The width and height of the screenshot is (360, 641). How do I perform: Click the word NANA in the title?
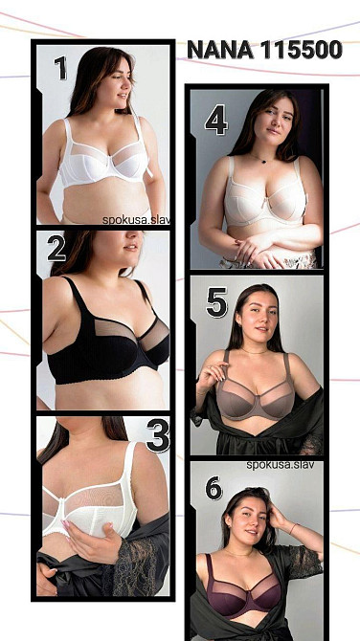(221, 51)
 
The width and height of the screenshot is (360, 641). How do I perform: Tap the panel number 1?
(60, 68)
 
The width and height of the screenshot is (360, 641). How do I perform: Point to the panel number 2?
(56, 249)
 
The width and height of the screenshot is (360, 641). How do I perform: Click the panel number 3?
(158, 435)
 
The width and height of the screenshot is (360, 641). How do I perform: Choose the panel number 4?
(216, 120)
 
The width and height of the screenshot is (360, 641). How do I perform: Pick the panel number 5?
(216, 302)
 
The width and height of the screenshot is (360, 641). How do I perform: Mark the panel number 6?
(214, 488)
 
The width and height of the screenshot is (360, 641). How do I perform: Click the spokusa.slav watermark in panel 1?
(136, 220)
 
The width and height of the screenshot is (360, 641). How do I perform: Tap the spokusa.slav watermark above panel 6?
(281, 465)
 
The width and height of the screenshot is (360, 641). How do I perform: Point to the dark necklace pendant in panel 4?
(262, 161)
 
